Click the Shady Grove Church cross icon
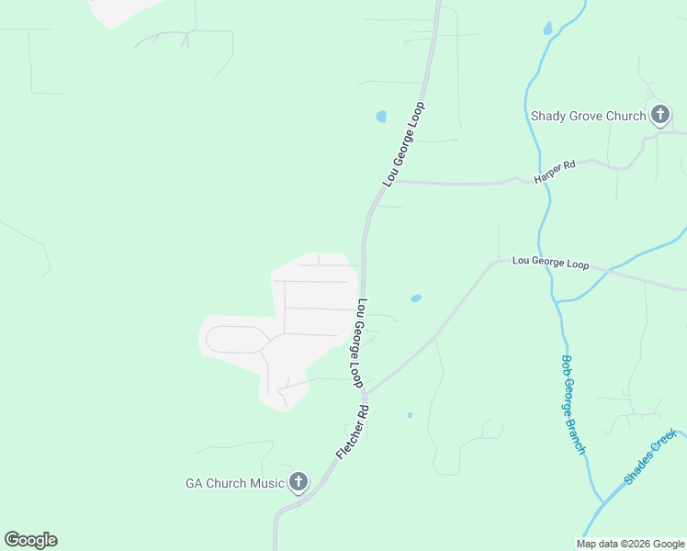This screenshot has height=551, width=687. tap(659, 116)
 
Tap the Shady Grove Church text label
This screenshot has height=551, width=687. tap(589, 117)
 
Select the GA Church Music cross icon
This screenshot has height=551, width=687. tap(298, 482)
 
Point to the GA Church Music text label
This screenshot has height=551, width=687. tap(234, 483)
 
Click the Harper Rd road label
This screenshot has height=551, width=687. tap(556, 170)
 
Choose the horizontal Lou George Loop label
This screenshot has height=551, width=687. tap(550, 264)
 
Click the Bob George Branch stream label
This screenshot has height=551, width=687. tap(573, 404)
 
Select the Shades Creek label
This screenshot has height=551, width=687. tap(649, 456)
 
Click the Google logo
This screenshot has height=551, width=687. tap(30, 540)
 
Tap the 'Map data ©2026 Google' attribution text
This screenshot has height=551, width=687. tap(630, 544)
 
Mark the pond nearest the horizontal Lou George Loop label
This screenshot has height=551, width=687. tap(416, 298)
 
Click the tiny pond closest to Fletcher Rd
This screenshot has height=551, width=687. tap(410, 415)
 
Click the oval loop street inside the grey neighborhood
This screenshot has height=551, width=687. tap(235, 339)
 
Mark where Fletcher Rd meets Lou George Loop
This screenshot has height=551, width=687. tap(366, 395)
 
